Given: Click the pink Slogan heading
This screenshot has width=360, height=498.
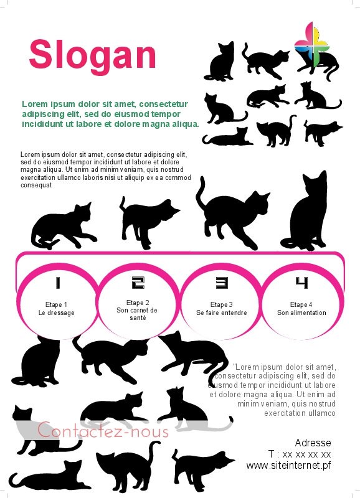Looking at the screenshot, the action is (x=92, y=55).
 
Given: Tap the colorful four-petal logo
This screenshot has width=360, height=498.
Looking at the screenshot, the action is (x=311, y=44).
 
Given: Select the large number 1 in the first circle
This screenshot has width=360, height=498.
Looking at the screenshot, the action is (x=57, y=283).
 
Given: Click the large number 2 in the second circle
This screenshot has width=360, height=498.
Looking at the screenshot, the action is (x=138, y=283).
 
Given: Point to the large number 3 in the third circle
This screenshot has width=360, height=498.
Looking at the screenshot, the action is (x=222, y=283).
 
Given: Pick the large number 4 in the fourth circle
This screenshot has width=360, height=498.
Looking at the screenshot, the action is (x=301, y=283).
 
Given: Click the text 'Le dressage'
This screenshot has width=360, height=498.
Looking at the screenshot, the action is (x=57, y=313).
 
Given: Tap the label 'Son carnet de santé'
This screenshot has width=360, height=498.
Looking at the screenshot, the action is (x=137, y=314).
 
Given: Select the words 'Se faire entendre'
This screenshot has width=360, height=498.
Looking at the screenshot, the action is (x=222, y=313).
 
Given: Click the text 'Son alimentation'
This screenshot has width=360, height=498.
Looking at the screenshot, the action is (x=301, y=313).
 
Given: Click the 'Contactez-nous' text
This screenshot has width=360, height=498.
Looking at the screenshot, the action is (x=103, y=430).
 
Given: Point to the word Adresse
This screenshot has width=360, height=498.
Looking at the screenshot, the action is (x=313, y=443).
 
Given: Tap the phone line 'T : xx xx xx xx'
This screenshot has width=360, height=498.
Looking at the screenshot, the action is (x=300, y=454).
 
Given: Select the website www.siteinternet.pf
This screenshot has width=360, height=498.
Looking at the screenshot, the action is (x=288, y=466).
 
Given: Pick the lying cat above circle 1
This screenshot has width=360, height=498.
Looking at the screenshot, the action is (x=64, y=227).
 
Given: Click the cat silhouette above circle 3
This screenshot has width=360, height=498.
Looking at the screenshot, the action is (x=232, y=216).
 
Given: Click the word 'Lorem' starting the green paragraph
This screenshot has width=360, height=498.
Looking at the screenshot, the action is (x=34, y=104).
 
